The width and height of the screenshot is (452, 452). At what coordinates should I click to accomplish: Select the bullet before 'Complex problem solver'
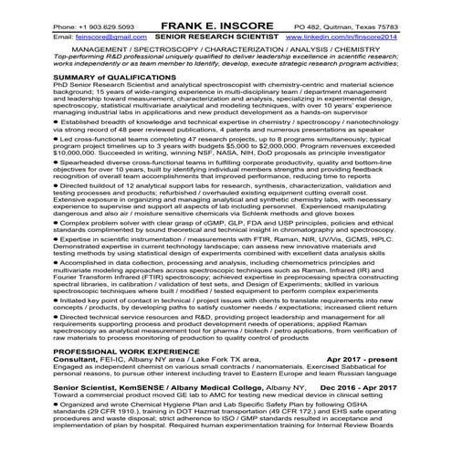(x=57, y=222)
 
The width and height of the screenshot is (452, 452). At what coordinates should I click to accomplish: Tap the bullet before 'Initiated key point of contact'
(x=57, y=300)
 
